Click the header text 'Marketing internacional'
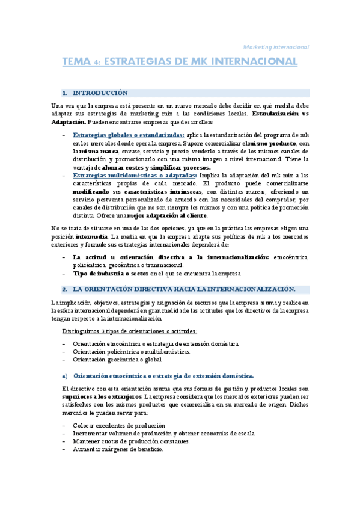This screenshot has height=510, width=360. pyautogui.click(x=275, y=46)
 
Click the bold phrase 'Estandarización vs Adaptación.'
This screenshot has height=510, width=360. pyautogui.click(x=180, y=117)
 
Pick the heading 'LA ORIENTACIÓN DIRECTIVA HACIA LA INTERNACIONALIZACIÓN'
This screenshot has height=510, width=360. pyautogui.click(x=183, y=289)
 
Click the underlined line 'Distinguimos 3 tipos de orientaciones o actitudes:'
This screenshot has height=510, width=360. pyautogui.click(x=130, y=331)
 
